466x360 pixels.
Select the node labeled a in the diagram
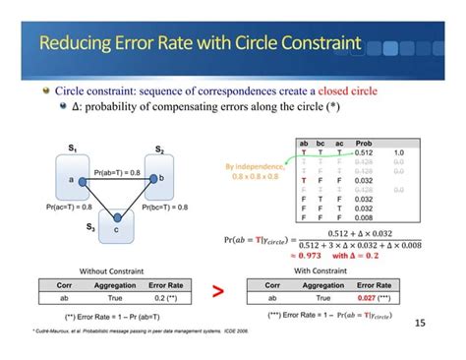click(71, 180)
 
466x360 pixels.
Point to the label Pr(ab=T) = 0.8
click(117, 172)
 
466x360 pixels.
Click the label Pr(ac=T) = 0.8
click(69, 208)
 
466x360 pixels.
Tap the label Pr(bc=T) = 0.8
click(165, 208)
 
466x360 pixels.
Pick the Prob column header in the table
click(364, 144)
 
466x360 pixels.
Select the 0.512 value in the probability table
click(365, 153)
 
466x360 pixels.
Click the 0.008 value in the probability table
click(365, 217)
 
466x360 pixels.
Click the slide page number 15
click(421, 322)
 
